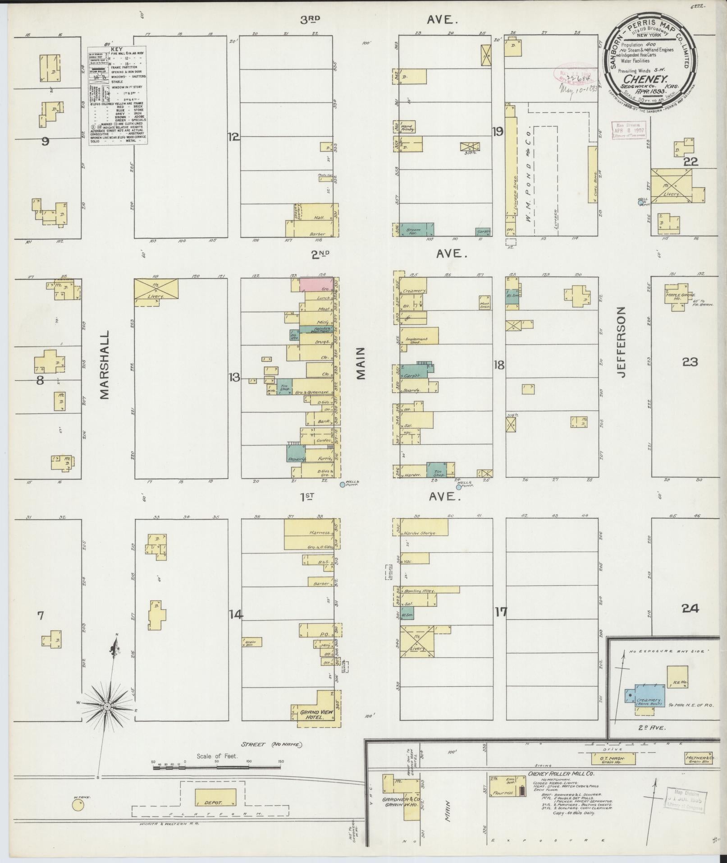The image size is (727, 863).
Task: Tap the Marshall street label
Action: (105, 366)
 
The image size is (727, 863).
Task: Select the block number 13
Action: (234, 377)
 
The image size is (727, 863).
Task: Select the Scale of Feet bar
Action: (216, 765)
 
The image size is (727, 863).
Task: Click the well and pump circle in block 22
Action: (640, 203)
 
